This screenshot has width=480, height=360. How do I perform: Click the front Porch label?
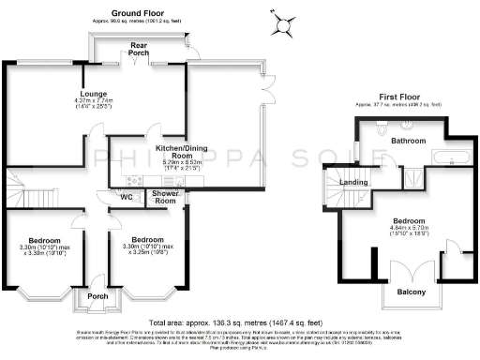(97, 296)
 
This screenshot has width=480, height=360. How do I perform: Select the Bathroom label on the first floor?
(408, 141)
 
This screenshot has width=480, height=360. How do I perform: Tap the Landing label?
(352, 183)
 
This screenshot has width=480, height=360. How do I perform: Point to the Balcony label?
(406, 293)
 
